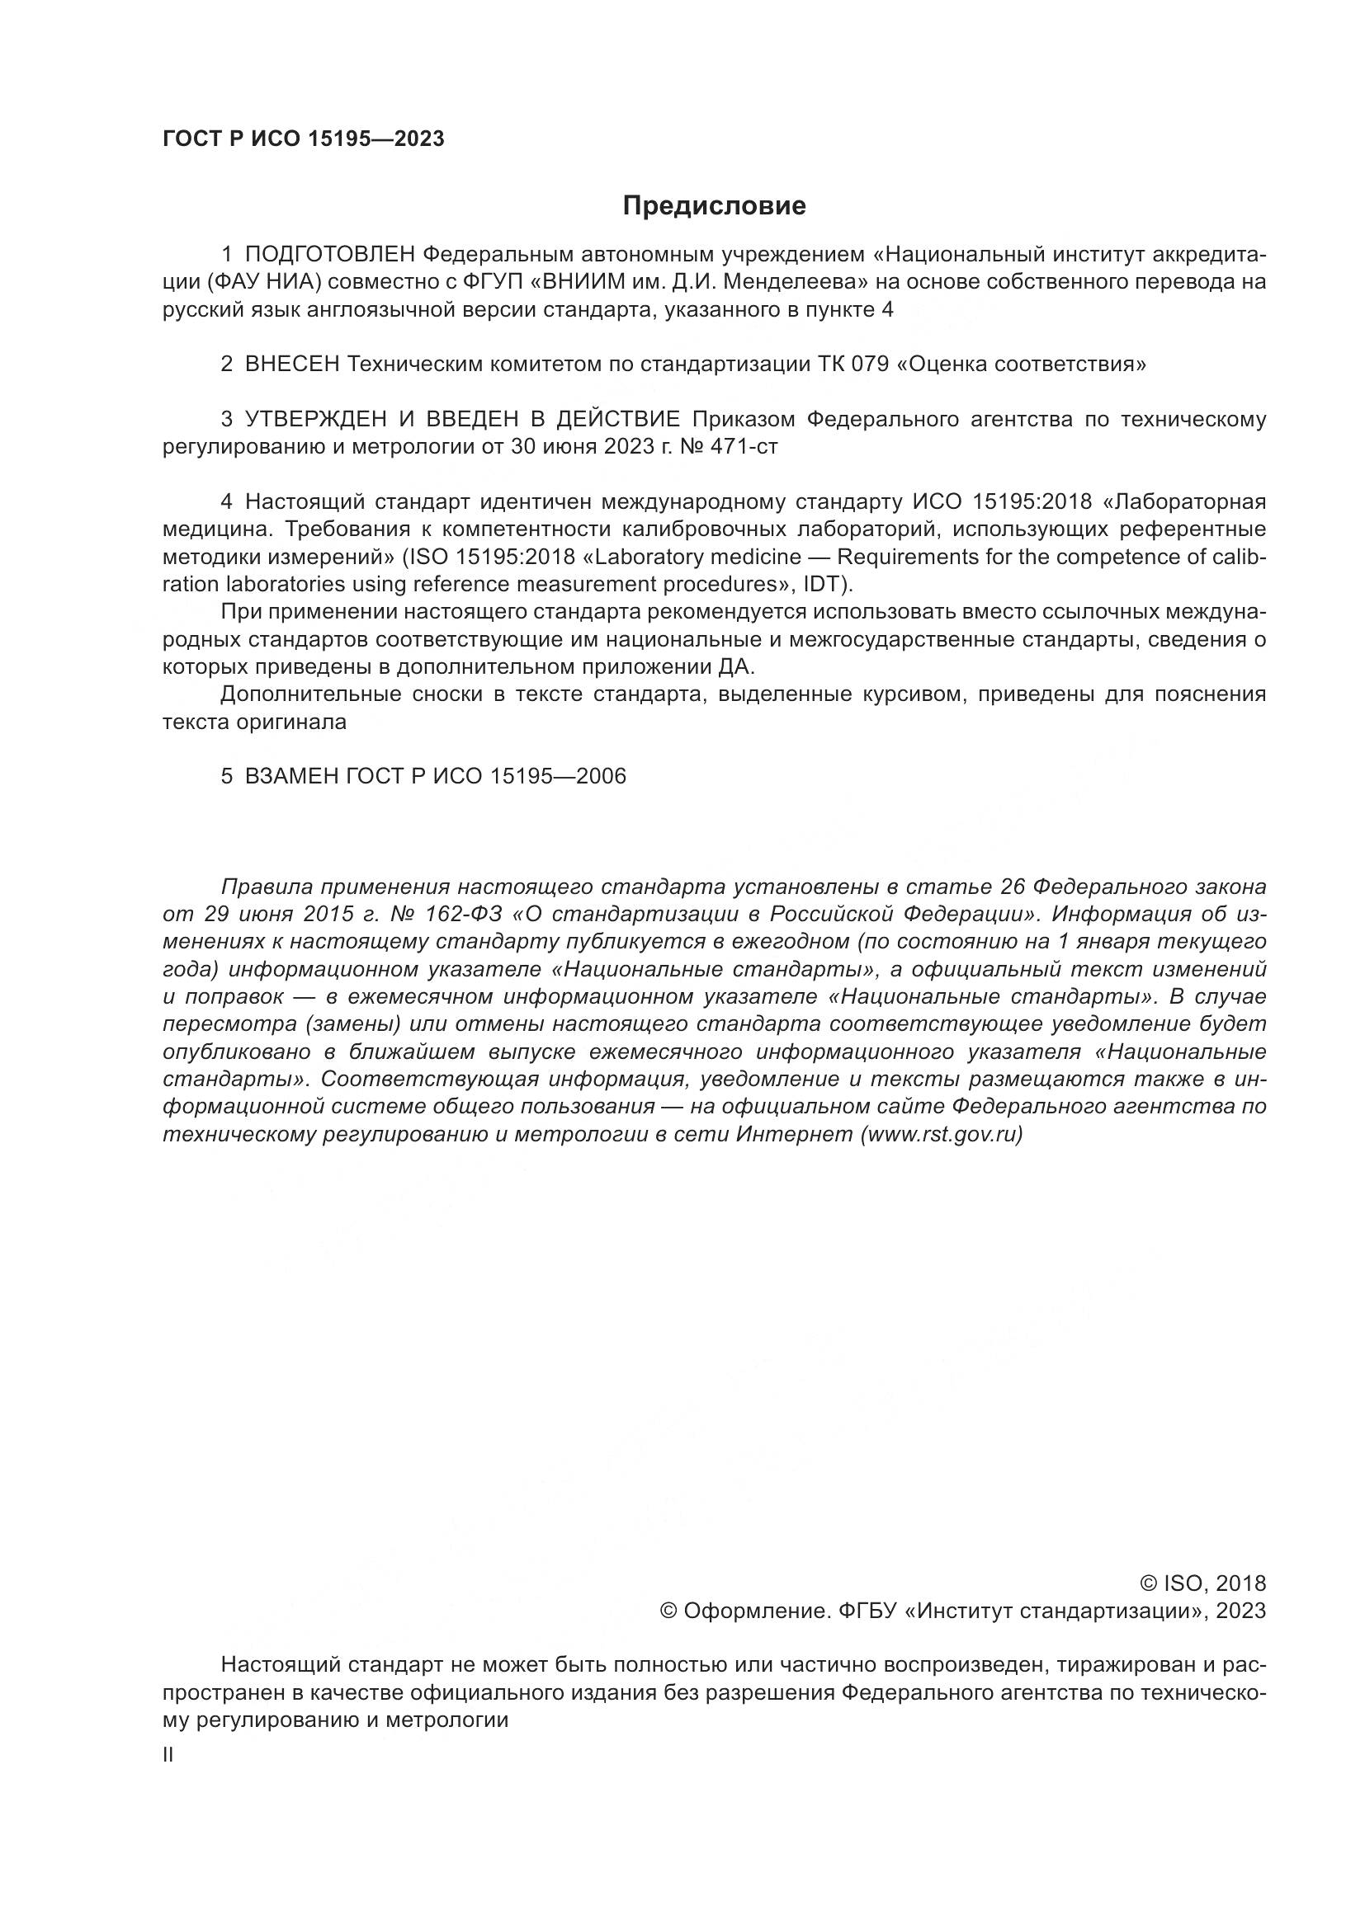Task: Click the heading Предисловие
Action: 714,206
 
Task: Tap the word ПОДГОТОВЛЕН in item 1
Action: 330,255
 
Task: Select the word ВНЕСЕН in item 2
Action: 292,365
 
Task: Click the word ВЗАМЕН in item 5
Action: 291,776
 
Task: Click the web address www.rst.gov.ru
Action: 942,1134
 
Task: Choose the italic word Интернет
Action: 794,1134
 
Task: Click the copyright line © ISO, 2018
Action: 1202,1583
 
